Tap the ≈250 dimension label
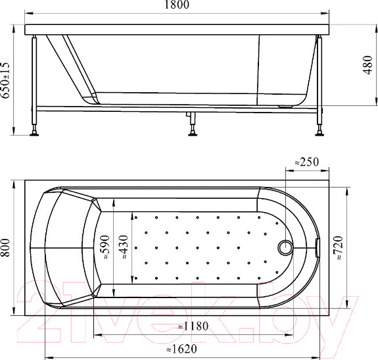coord(306,161)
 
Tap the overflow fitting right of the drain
coord(318,247)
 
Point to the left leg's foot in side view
coord(34,134)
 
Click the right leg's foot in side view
coord(320,134)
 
